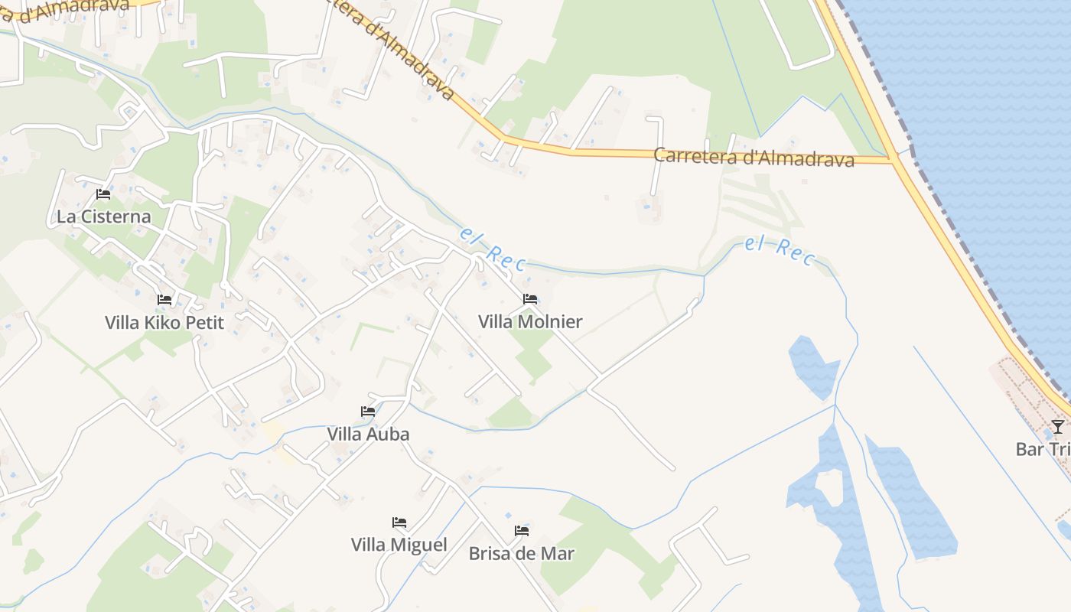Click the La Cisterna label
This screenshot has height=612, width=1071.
(x=104, y=216)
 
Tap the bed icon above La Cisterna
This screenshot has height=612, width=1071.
(x=103, y=194)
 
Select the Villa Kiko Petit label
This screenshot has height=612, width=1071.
(x=164, y=322)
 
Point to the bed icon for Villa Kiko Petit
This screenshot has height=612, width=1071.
(x=164, y=300)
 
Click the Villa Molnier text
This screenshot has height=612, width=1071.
(x=530, y=321)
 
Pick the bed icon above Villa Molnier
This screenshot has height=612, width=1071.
(x=530, y=299)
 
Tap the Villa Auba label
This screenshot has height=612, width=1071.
(x=368, y=434)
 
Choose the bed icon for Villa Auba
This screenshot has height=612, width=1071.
(x=368, y=412)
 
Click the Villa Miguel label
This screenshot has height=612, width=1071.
(x=399, y=545)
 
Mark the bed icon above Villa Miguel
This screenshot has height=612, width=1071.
(x=399, y=522)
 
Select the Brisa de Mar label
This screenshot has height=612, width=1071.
(x=522, y=553)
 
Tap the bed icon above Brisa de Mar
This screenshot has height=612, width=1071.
(x=522, y=530)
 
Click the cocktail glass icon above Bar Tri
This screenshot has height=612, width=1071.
(x=1057, y=426)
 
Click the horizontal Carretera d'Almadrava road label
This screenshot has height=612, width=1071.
(x=754, y=157)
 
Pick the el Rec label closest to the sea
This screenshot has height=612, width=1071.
(x=780, y=250)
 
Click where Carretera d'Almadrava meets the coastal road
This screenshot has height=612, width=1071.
(x=892, y=159)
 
